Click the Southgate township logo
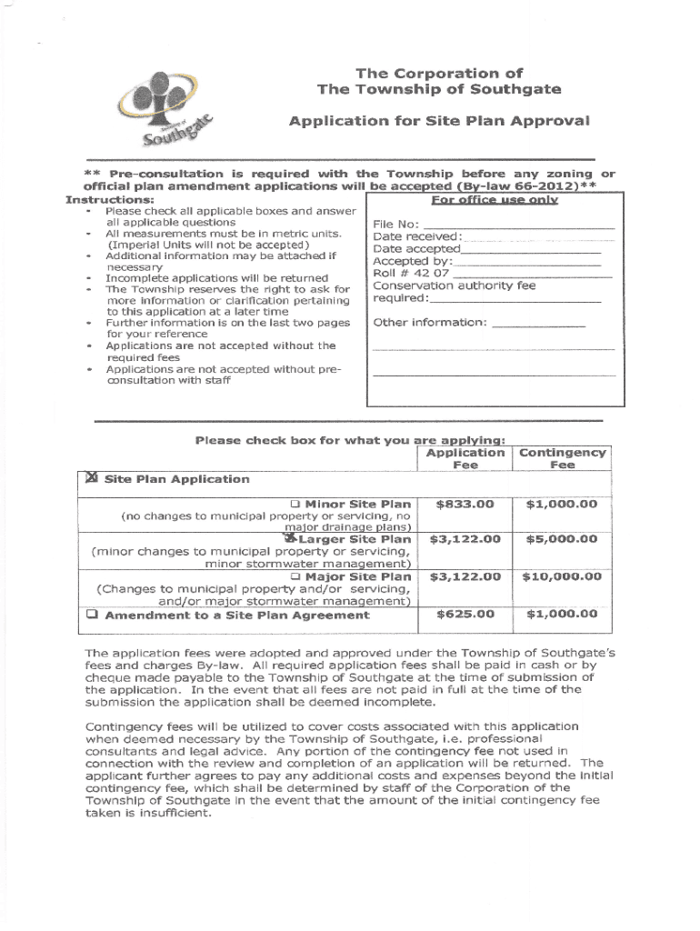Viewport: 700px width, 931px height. [x=169, y=111]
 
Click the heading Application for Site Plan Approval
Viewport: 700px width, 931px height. [x=439, y=120]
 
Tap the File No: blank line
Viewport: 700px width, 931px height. [x=519, y=225]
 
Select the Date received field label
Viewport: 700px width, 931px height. [x=418, y=237]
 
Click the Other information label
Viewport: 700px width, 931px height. [x=430, y=322]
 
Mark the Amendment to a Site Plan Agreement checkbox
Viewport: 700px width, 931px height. [x=92, y=615]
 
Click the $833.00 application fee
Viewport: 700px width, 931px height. [x=465, y=504]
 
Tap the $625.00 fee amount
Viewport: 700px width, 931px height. [x=465, y=615]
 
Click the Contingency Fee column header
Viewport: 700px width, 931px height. [x=563, y=458]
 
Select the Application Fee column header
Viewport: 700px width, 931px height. [x=465, y=458]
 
